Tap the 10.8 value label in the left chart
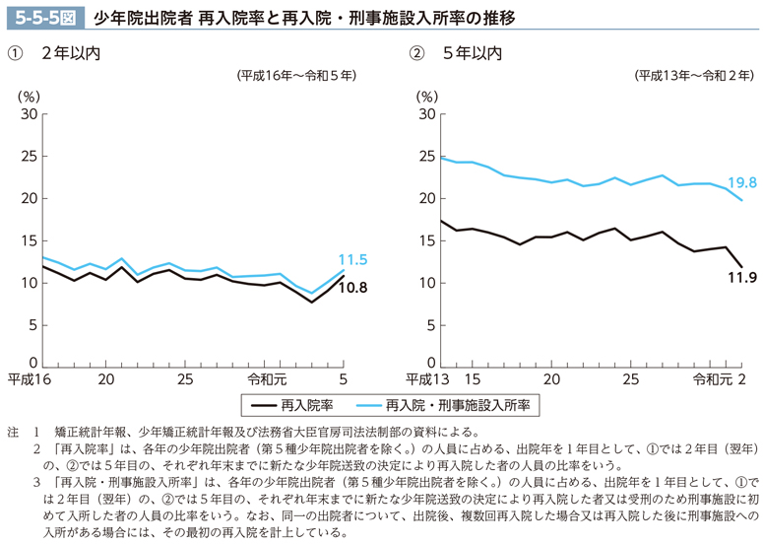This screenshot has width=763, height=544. click(x=351, y=288)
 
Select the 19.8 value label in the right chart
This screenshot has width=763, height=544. click(x=741, y=183)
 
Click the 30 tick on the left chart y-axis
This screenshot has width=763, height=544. click(x=29, y=114)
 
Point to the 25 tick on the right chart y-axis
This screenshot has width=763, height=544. click(x=426, y=157)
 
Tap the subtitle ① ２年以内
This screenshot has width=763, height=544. click(x=54, y=53)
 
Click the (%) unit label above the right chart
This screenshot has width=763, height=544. click(x=426, y=96)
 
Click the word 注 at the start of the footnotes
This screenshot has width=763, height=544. click(x=13, y=432)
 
